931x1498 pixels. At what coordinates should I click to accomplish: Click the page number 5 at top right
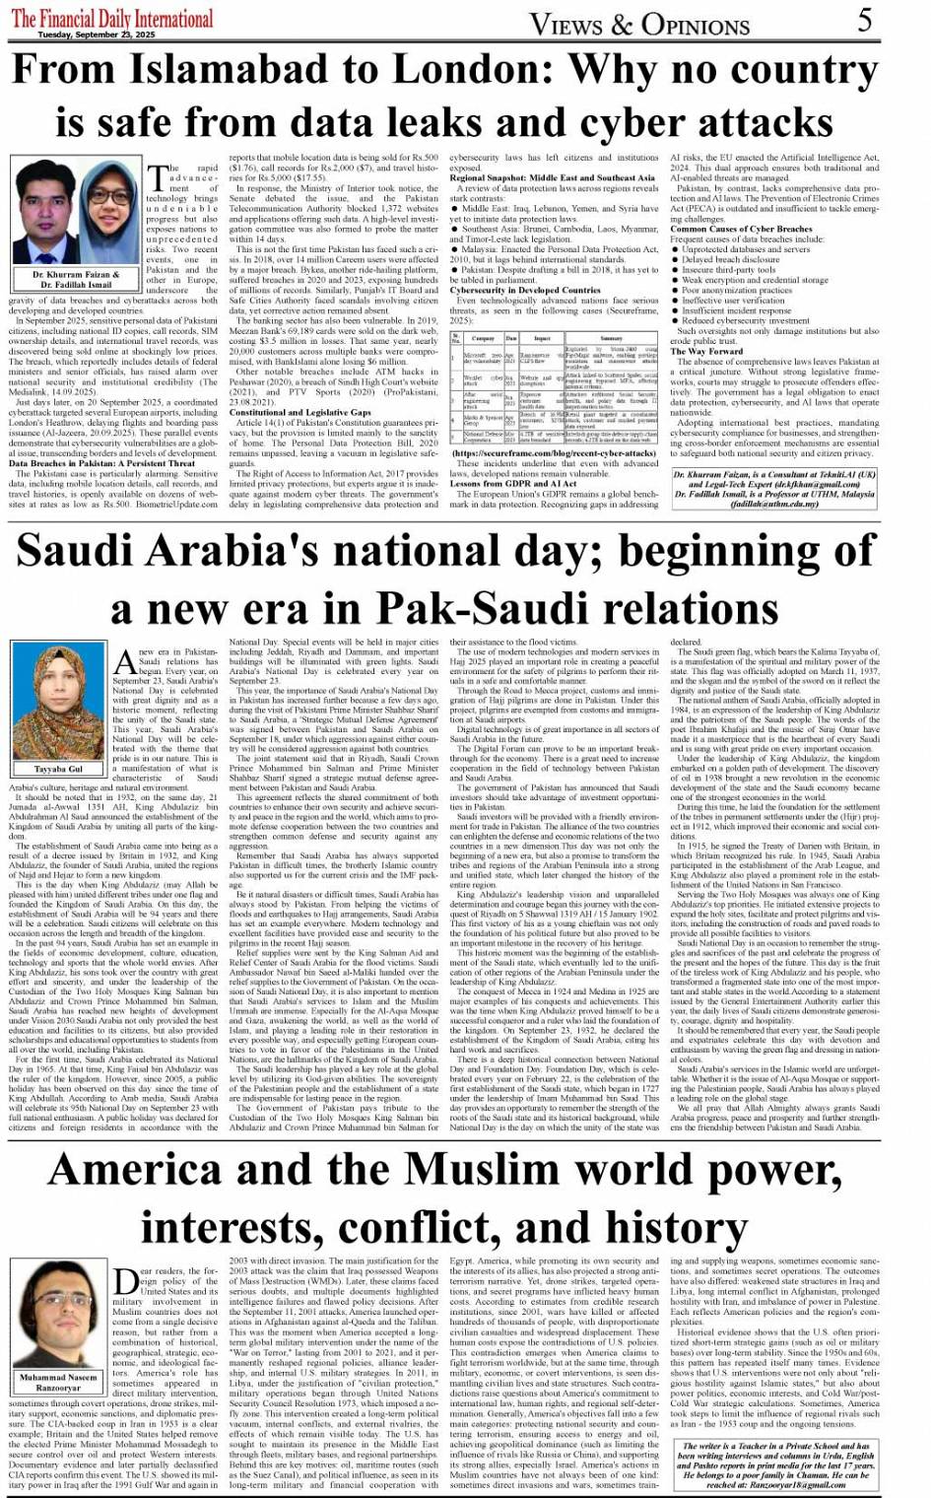click(x=864, y=20)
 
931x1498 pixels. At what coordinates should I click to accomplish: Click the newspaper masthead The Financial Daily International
click(x=112, y=18)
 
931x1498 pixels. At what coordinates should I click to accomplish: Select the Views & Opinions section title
click(x=640, y=24)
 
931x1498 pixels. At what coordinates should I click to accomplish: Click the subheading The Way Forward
click(x=707, y=351)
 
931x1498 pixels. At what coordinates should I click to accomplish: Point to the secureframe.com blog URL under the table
click(x=554, y=453)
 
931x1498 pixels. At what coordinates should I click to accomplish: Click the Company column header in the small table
click(x=483, y=338)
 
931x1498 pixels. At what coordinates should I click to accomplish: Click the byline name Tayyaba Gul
click(x=58, y=769)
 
